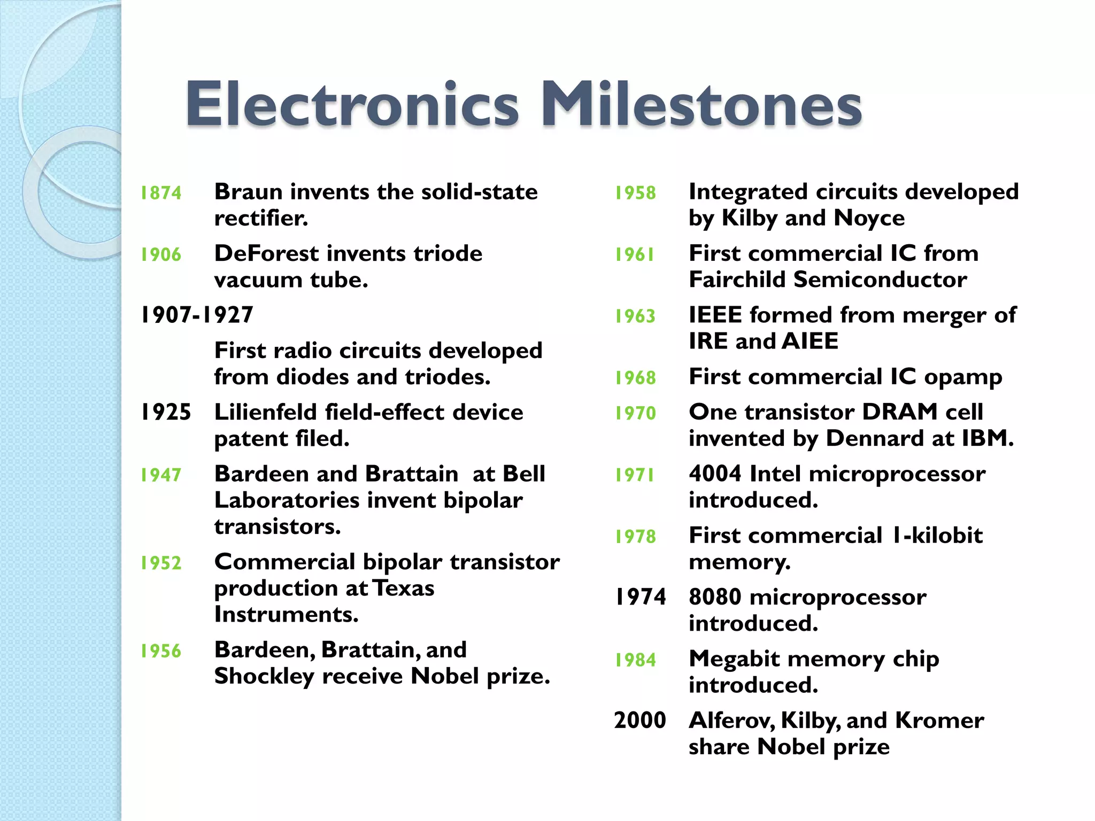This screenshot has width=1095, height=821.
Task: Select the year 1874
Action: [x=161, y=193]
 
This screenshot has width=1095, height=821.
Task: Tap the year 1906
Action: [x=161, y=255]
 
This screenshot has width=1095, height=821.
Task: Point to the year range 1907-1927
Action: [x=197, y=315]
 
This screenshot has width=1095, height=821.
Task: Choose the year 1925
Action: [x=166, y=412]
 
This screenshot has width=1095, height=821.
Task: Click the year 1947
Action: [x=161, y=475]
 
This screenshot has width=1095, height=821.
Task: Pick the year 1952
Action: [x=161, y=563]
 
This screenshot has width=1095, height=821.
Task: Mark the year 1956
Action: [x=161, y=651]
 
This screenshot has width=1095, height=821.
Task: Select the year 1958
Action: [x=635, y=193]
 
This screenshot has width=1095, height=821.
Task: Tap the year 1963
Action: [x=635, y=316]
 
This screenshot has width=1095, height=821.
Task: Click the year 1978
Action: [x=635, y=537]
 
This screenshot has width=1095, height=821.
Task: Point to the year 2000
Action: [x=640, y=721]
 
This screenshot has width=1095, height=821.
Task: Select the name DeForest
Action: [x=266, y=253]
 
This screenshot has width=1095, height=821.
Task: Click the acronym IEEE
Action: [x=715, y=315]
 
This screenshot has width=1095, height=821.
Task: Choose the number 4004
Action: [x=715, y=474]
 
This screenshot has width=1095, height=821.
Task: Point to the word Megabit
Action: [x=734, y=660]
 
